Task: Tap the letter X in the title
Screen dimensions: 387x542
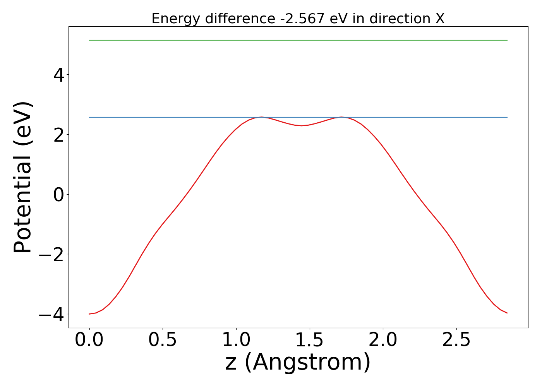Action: pyautogui.click(x=439, y=19)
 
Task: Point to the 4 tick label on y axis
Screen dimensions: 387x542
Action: pyautogui.click(x=58, y=75)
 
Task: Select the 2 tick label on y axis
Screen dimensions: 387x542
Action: pyautogui.click(x=58, y=135)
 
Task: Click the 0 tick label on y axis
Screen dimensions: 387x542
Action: pyautogui.click(x=58, y=195)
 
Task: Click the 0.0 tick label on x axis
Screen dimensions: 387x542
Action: pyautogui.click(x=89, y=340)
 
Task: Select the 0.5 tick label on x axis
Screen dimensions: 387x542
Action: pyautogui.click(x=163, y=340)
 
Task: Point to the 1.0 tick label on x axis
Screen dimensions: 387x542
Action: pyautogui.click(x=236, y=340)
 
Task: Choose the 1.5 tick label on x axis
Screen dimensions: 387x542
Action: pyautogui.click(x=309, y=340)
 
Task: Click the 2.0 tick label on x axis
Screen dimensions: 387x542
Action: pyautogui.click(x=382, y=340)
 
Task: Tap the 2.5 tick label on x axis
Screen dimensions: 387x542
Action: pyautogui.click(x=456, y=340)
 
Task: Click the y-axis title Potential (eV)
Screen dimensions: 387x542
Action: pyautogui.click(x=23, y=177)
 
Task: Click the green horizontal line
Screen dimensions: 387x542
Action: pyautogui.click(x=298, y=40)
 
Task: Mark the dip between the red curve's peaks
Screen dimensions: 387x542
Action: pyautogui.click(x=302, y=125)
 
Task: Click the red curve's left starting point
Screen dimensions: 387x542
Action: pyautogui.click(x=89, y=314)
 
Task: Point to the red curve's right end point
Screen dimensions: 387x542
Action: pyautogui.click(x=507, y=313)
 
